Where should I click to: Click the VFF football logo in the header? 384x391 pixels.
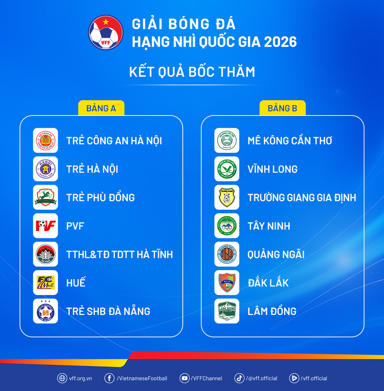106,32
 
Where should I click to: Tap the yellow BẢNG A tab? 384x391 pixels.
101,108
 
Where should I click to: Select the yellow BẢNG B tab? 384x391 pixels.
282,108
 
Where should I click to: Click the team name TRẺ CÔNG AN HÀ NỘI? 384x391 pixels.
114,140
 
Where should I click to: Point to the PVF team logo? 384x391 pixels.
45,226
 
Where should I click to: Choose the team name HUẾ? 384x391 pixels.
76,283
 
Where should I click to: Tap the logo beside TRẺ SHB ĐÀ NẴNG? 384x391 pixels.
45,311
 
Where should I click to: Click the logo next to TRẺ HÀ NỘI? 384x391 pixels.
45,169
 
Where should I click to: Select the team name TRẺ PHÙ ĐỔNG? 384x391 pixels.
101,197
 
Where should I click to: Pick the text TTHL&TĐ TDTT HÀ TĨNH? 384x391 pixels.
119,254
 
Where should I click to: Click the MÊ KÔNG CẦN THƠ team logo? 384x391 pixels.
227,140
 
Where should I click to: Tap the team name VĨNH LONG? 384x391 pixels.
272,169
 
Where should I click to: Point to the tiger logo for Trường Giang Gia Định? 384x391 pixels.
227,197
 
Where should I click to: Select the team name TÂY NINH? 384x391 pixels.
269,226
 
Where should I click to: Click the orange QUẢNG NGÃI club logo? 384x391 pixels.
227,254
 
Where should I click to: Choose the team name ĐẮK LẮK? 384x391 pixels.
268,283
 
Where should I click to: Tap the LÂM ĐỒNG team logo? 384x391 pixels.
227,311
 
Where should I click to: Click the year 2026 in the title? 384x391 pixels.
280,42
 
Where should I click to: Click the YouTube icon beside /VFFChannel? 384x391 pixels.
185,378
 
